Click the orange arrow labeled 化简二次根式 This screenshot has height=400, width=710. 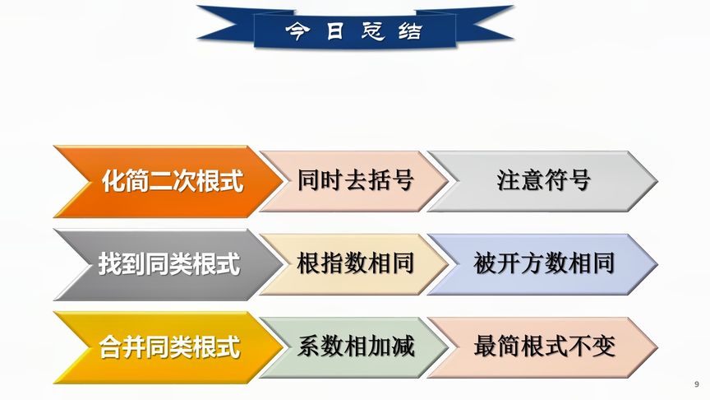164,181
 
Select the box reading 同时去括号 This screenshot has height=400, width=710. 355,180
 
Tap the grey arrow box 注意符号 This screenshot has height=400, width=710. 543,180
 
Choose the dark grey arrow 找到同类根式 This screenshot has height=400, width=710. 164,264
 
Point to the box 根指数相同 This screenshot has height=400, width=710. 355,263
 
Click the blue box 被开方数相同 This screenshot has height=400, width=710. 543,263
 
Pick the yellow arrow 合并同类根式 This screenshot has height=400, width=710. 164,347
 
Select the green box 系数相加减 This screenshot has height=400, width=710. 355,347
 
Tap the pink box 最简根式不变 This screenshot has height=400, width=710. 543,347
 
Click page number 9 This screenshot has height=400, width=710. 696,384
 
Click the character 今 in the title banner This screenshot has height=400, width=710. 294,31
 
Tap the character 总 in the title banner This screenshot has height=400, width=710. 373,31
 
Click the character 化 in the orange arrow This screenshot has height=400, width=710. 112,181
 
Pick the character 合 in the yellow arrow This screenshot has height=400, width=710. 109,347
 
